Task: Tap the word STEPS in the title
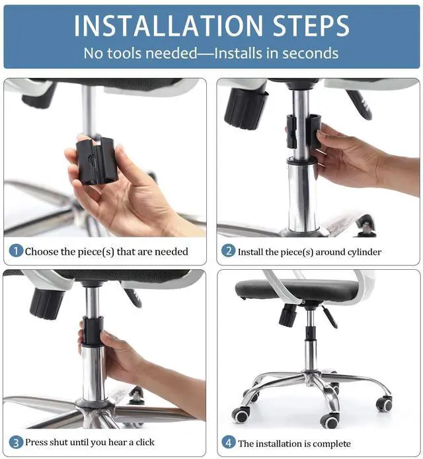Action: click(x=311, y=26)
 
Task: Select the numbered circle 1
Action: click(x=16, y=251)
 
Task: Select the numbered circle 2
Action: click(x=229, y=251)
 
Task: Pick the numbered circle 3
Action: click(x=16, y=442)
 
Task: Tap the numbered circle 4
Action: click(x=229, y=442)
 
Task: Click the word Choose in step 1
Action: click(x=42, y=251)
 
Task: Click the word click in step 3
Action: click(x=145, y=442)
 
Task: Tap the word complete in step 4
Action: click(x=332, y=444)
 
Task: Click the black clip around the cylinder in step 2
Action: click(x=303, y=132)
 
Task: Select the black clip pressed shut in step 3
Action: click(x=93, y=330)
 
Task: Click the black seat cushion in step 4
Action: click(x=296, y=290)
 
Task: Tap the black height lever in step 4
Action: click(x=330, y=317)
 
